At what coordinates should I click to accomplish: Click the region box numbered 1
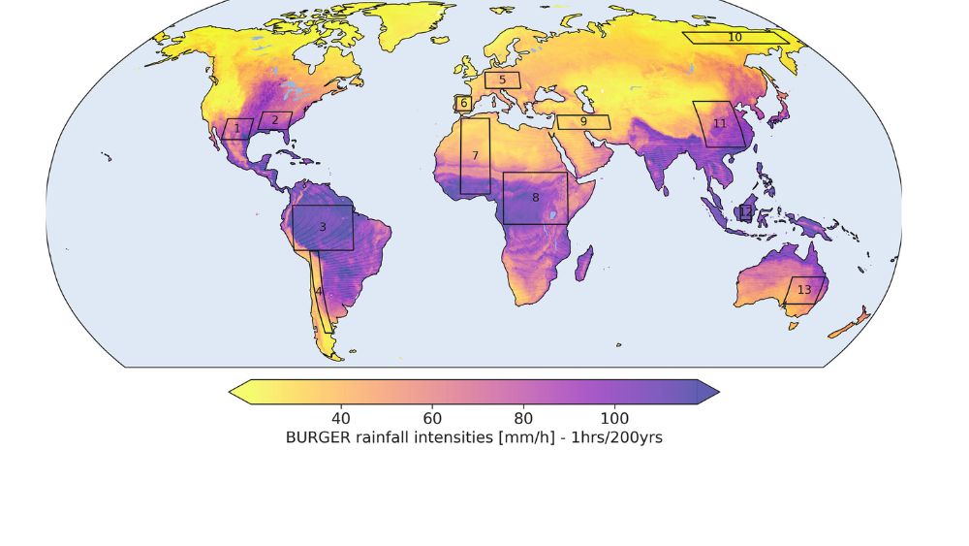click(x=237, y=129)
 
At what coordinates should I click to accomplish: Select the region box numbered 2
click(x=275, y=121)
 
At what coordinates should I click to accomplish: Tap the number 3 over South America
click(x=323, y=227)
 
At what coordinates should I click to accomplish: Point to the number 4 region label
click(x=318, y=291)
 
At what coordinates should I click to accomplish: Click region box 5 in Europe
click(x=502, y=80)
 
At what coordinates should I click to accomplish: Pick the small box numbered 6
click(x=463, y=103)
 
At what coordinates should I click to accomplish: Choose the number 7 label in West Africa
click(x=475, y=156)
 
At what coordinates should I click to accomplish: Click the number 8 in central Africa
click(x=535, y=198)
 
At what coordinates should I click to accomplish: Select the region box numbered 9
click(x=583, y=122)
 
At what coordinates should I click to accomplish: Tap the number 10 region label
click(x=735, y=38)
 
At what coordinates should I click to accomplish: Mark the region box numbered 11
click(x=719, y=124)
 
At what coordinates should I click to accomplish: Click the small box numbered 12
click(x=746, y=211)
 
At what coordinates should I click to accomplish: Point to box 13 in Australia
click(x=804, y=290)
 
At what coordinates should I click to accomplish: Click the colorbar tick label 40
click(x=341, y=418)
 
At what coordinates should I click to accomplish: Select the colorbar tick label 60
click(x=432, y=418)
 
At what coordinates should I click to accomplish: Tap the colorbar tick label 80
click(x=523, y=418)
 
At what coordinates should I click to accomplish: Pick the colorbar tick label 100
click(x=614, y=418)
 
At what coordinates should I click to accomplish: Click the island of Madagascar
click(x=584, y=262)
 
